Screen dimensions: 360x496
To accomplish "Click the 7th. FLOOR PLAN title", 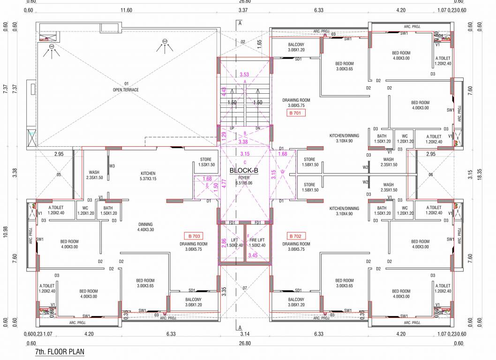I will [60, 351].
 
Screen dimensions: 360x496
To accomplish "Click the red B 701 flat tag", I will [296, 113].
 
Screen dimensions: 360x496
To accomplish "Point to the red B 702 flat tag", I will [296, 236].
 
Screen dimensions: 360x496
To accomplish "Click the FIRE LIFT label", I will [256, 242].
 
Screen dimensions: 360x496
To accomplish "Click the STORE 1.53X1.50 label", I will [206, 162].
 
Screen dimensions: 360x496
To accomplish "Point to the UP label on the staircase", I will [232, 128].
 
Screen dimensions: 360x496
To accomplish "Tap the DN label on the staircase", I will [257, 128].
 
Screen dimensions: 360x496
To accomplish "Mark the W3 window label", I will [112, 165].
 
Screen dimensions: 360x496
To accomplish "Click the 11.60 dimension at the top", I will [126, 9].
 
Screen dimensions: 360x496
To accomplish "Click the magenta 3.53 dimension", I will [244, 75].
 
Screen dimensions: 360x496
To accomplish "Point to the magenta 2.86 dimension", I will [223, 243].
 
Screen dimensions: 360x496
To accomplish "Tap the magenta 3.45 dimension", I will [252, 255].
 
